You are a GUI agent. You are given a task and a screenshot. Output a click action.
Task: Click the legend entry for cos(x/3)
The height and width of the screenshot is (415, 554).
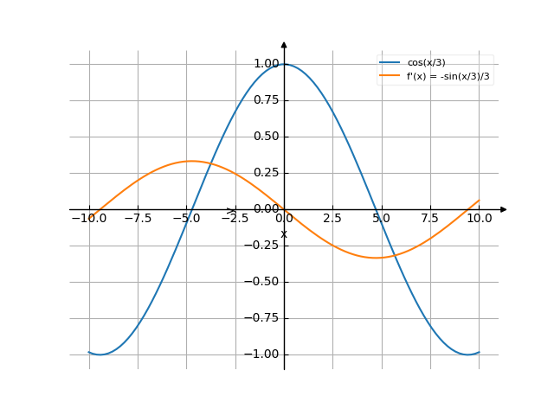(x=432, y=62)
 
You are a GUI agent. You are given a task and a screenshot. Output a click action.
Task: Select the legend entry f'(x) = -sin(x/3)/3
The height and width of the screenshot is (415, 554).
(x=454, y=76)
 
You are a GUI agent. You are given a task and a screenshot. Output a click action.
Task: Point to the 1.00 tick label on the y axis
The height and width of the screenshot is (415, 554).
(x=266, y=64)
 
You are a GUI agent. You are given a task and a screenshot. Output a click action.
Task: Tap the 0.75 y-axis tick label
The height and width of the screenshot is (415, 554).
(x=266, y=100)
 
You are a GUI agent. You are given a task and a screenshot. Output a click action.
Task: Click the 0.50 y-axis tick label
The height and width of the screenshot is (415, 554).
(x=266, y=137)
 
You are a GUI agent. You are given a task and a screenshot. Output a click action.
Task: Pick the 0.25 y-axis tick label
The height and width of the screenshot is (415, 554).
(x=266, y=173)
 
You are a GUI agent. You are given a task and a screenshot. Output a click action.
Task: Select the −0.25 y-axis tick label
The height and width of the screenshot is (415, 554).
(x=263, y=246)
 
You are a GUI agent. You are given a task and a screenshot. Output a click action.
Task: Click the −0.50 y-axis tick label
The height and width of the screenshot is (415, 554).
(x=263, y=282)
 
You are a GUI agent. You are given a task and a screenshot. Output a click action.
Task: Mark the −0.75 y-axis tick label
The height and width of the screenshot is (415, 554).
(x=263, y=318)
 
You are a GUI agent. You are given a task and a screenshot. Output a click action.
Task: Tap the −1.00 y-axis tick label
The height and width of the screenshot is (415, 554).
(x=263, y=354)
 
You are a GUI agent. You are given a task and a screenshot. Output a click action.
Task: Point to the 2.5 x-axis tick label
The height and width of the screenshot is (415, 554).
(x=333, y=219)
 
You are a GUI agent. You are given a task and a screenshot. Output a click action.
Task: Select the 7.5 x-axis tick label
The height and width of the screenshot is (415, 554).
(x=430, y=219)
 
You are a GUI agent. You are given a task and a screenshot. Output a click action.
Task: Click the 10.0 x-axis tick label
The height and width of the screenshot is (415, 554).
(x=479, y=219)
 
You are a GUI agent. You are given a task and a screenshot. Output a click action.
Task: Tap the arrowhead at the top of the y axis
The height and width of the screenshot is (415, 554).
(x=284, y=44)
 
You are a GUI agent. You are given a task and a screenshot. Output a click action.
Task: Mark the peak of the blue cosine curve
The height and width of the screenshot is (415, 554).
(x=284, y=64)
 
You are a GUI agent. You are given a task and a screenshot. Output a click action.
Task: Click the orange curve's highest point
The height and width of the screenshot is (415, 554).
(x=192, y=161)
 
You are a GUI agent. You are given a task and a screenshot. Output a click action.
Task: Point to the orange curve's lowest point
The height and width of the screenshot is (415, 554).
(x=376, y=258)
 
